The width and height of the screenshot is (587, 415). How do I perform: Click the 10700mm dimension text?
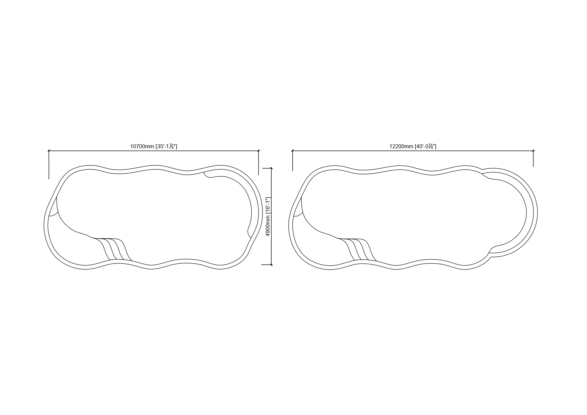point(142,146)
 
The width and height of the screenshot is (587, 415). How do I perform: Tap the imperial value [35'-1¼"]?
point(166,146)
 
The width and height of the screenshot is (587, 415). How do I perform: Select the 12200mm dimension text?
point(401,146)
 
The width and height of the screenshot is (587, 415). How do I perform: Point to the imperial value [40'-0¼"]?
point(425,146)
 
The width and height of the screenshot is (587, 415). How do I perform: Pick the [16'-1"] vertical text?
point(268,204)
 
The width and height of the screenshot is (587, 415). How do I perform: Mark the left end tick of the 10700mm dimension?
point(49,151)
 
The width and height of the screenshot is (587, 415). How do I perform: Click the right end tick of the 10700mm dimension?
point(259,151)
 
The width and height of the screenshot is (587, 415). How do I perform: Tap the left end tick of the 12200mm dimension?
point(293,151)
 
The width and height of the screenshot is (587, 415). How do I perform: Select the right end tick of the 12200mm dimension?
point(533,151)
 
